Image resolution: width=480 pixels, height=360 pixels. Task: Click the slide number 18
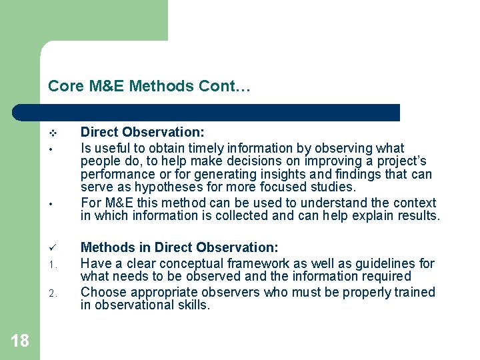[20, 341]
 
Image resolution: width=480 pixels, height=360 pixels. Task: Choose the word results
[415, 216]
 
